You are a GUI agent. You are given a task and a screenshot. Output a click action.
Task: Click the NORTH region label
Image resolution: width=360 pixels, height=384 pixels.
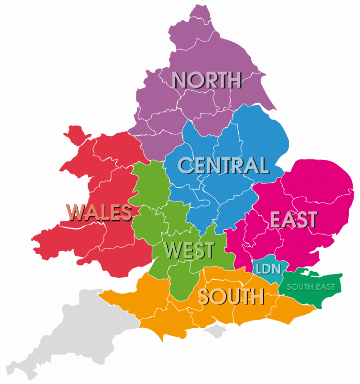coord(206,80)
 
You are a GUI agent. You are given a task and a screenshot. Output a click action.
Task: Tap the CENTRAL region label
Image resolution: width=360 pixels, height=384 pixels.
coord(223,165)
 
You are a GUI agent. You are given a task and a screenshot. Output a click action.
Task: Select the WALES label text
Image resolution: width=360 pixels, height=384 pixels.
coord(99,212)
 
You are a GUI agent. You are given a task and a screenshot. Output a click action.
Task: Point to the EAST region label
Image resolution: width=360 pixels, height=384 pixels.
coord(293,220)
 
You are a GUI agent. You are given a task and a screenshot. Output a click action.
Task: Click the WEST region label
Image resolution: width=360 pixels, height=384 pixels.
coord(189,251)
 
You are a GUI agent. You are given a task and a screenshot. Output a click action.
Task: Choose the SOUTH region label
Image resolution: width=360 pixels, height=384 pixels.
coord(231,296)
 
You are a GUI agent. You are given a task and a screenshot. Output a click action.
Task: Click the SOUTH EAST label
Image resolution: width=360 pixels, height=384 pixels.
coord(311,287)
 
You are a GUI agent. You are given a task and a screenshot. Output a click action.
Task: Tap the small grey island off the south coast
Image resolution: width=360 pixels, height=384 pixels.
coord(215,332)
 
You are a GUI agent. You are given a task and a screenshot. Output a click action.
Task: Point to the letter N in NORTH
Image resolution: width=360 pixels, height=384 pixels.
coord(180,80)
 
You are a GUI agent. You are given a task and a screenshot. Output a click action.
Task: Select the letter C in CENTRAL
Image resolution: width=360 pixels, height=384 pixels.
coord(186,165)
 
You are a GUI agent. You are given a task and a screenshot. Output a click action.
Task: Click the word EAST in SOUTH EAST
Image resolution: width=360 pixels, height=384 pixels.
coord(325,287)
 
